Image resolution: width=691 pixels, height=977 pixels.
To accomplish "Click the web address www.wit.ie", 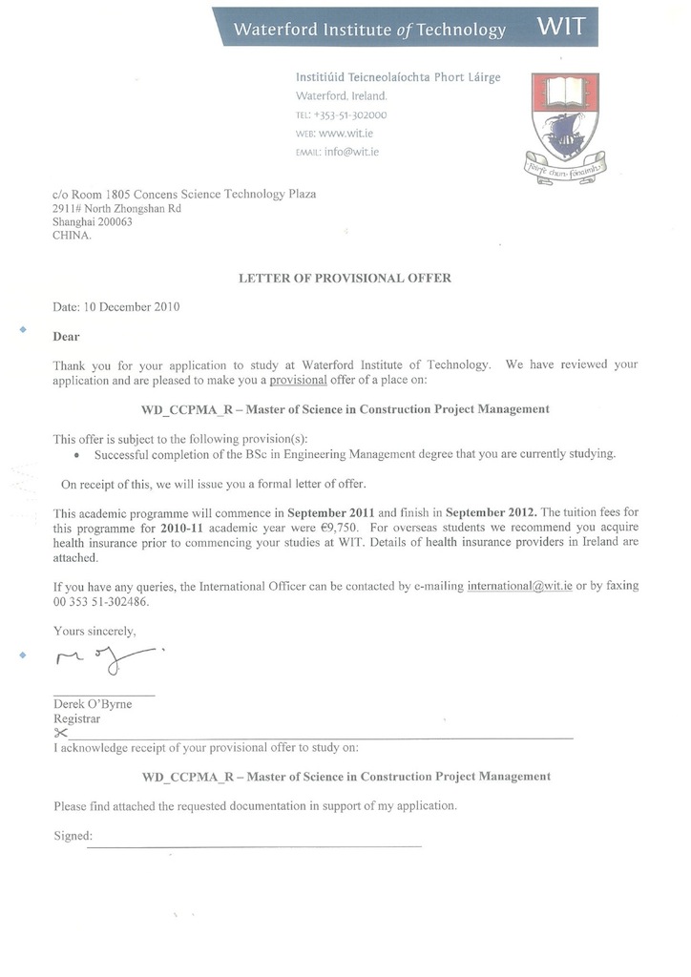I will click(x=351, y=134).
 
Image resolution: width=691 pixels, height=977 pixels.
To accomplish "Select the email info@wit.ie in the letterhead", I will click(x=351, y=152).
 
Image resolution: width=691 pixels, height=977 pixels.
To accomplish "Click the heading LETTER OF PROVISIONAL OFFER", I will click(x=345, y=279).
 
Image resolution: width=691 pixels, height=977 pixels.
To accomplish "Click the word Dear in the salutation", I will click(x=67, y=336).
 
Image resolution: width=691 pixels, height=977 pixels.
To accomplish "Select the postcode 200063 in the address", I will click(x=114, y=222).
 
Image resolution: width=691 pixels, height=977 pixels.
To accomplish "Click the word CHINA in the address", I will click(x=72, y=237).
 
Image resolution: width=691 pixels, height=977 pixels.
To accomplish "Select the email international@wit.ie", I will click(x=519, y=586).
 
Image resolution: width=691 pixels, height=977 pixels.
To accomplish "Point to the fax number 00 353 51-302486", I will click(x=102, y=602).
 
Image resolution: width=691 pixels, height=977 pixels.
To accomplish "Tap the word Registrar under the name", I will click(x=77, y=719).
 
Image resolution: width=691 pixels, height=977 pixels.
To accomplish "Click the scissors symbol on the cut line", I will click(x=62, y=733).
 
